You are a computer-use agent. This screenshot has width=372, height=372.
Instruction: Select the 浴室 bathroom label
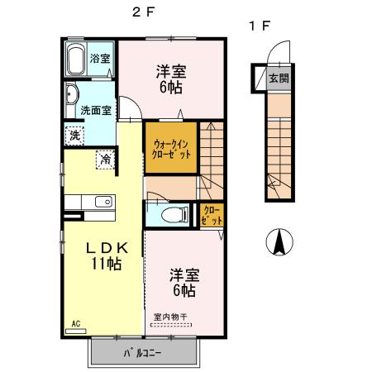coord(100,60)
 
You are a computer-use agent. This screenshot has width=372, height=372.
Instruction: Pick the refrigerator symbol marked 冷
coord(106,158)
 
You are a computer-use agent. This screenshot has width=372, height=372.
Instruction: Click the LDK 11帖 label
coord(106,255)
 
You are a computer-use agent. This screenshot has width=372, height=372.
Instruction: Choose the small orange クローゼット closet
coord(212,217)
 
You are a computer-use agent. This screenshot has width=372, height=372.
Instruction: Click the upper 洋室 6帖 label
coord(172,79)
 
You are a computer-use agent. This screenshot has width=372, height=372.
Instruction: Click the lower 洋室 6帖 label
coord(184,282)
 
